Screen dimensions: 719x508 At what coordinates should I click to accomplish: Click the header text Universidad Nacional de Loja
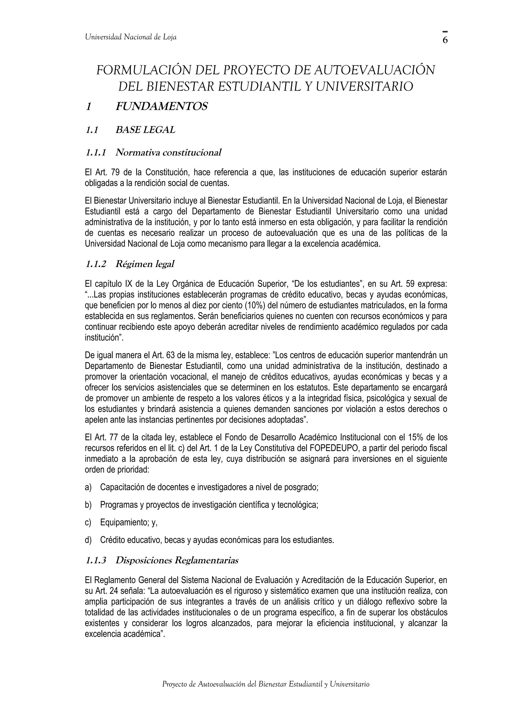(x=130, y=37)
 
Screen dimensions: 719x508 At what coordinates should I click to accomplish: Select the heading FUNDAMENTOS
(x=161, y=107)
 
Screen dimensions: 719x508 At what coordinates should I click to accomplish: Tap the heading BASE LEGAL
(x=145, y=130)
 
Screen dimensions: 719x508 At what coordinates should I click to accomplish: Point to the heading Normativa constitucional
(x=168, y=153)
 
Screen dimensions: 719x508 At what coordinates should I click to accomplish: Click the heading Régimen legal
(x=145, y=264)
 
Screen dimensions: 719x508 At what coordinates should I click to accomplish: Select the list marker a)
(x=88, y=487)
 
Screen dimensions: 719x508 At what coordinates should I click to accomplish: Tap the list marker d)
(x=88, y=540)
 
